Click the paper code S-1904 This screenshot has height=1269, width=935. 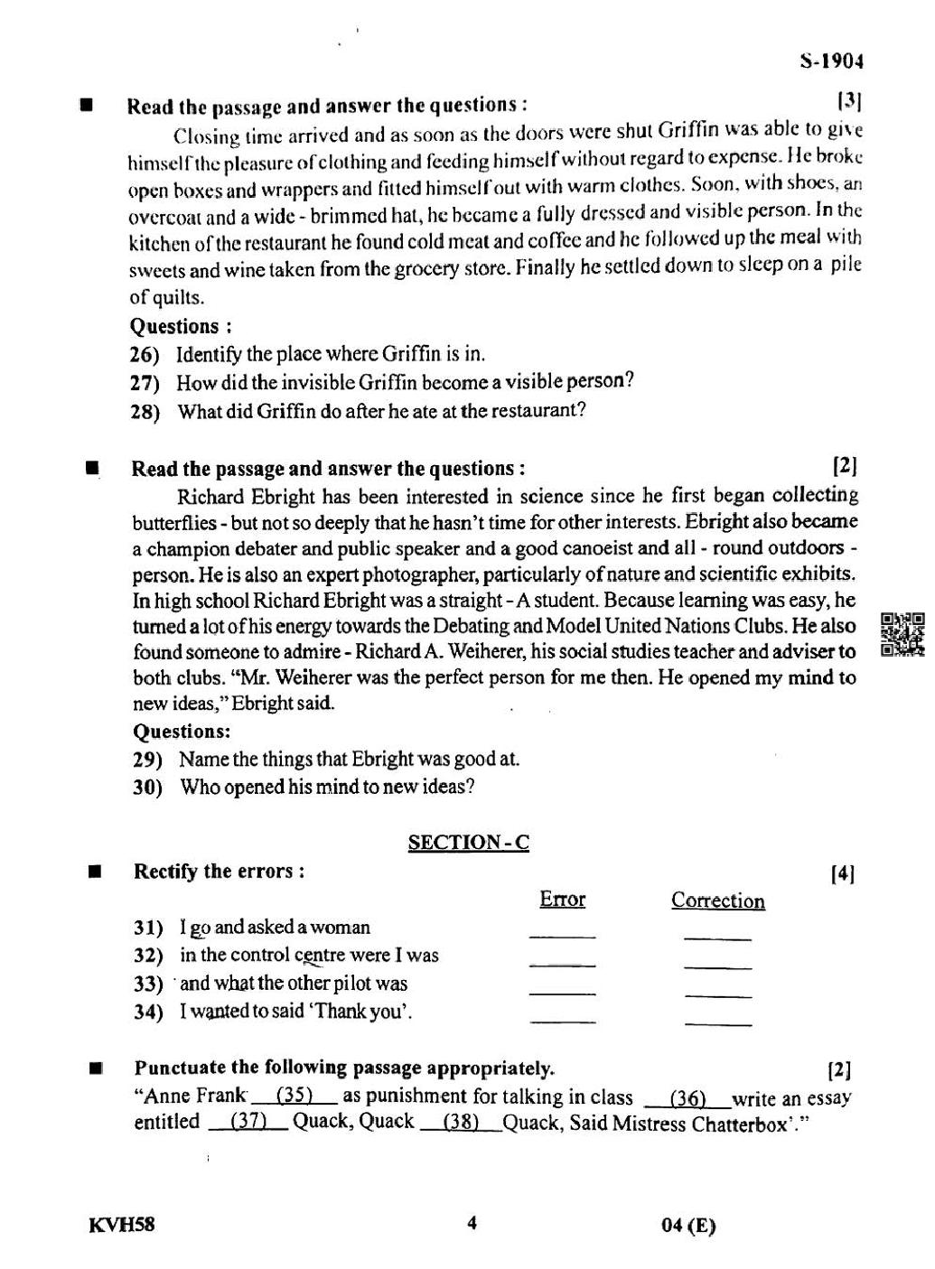(831, 61)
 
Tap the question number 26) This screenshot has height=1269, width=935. (145, 354)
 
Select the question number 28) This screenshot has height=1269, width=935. (145, 413)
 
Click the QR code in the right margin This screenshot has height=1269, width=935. (902, 635)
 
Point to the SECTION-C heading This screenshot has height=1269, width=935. (469, 843)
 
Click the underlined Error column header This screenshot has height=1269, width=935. (562, 900)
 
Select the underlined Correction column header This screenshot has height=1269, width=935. (718, 900)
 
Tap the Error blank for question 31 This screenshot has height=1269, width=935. (562, 934)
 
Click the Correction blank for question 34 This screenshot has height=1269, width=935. (718, 1021)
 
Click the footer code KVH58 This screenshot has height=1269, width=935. (122, 1226)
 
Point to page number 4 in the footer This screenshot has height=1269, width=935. (471, 1224)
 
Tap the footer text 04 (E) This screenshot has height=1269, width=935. (688, 1226)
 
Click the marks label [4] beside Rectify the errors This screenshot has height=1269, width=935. (842, 873)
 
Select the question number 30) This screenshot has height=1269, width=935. (148, 788)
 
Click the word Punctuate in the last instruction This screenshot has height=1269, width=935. (179, 1068)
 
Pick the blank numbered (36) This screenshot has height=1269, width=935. (688, 1098)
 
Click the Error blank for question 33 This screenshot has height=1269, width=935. (562, 992)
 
